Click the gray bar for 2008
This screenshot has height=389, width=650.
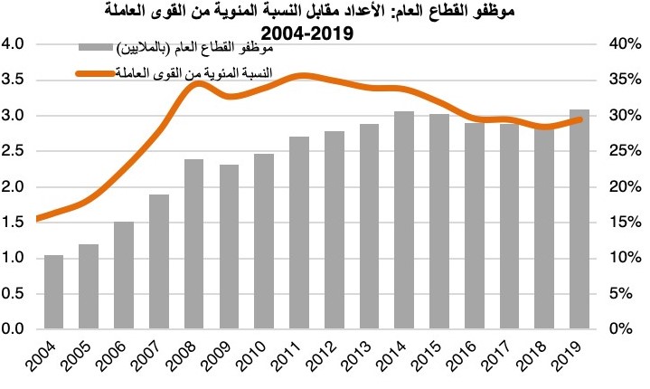[194, 244]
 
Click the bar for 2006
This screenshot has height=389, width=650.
[124, 275]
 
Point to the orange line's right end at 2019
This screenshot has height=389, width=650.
[580, 120]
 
